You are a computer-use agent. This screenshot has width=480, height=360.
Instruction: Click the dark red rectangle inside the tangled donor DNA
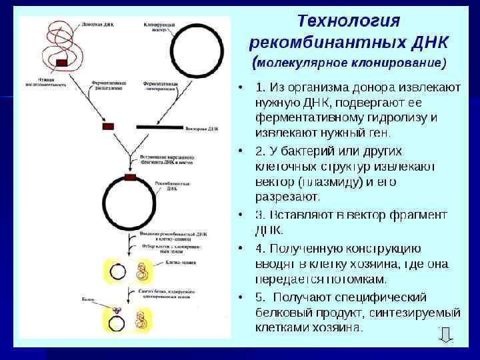click(62, 62)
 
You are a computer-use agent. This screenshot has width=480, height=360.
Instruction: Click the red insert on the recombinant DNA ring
click(129, 177)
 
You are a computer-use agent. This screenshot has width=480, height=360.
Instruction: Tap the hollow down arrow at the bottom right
click(445, 336)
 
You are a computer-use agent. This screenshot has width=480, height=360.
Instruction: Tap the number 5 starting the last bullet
click(259, 297)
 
